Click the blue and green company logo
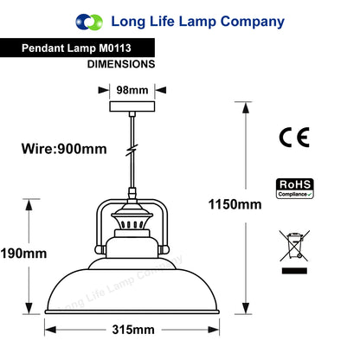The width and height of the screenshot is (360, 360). click(x=89, y=22)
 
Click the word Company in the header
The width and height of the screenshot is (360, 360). click(x=253, y=22)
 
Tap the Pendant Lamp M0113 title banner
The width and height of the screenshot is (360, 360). click(x=77, y=48)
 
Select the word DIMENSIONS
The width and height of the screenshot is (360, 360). click(x=121, y=64)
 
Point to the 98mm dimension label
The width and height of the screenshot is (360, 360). click(x=132, y=90)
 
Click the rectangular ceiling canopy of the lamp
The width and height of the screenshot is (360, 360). click(x=132, y=106)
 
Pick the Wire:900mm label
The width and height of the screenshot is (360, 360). click(x=64, y=149)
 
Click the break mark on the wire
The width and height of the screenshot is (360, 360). click(x=132, y=150)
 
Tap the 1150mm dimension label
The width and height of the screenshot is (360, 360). click(x=235, y=204)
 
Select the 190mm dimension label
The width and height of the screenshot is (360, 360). click(x=23, y=254)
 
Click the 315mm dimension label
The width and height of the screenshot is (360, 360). click(x=133, y=330)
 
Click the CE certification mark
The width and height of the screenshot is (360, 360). click(x=294, y=138)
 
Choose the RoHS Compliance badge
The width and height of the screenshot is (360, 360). click(x=295, y=189)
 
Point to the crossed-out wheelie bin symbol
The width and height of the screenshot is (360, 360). click(x=294, y=246)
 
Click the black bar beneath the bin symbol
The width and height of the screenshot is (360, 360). click(x=294, y=271)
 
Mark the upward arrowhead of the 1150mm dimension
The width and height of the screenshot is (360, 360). click(x=246, y=107)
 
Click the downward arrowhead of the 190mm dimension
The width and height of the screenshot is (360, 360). click(x=29, y=308)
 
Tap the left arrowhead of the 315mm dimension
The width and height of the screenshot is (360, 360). click(x=50, y=330)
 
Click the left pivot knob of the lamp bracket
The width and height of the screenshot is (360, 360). click(x=100, y=249)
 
